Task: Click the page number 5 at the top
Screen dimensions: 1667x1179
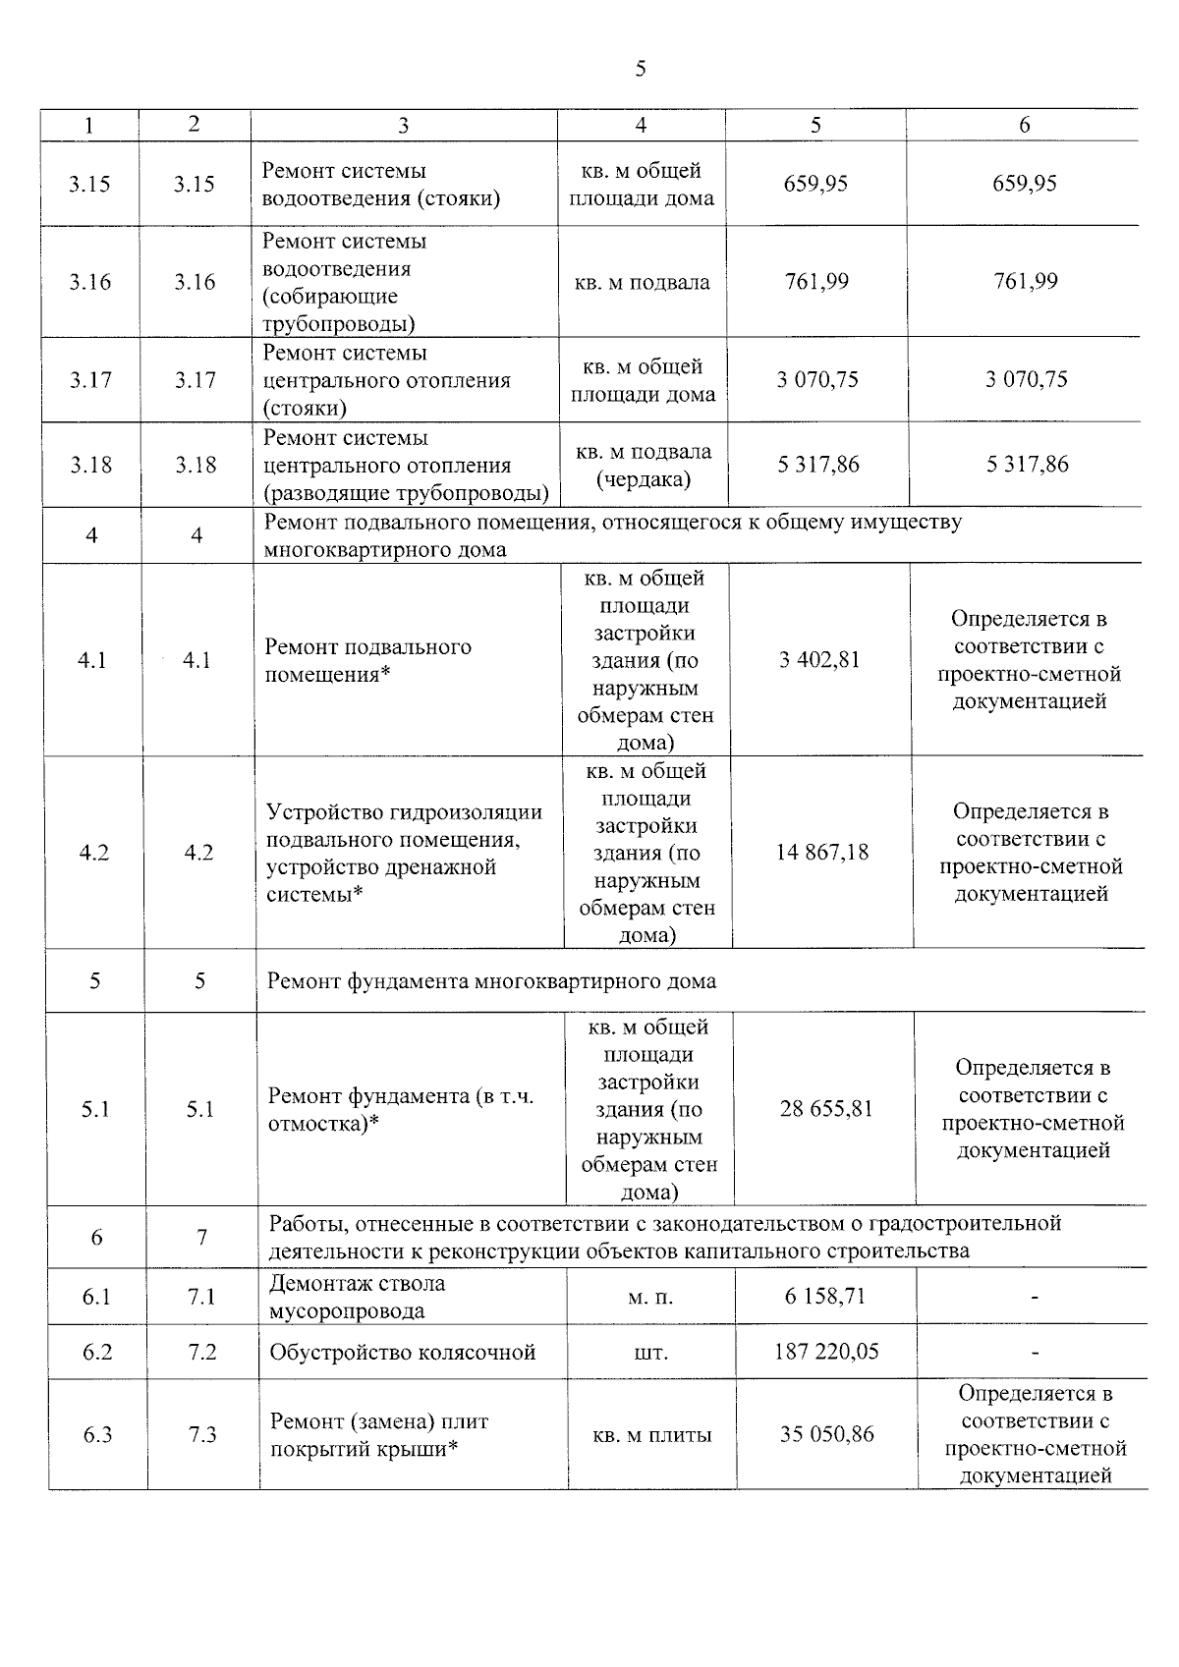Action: (641, 69)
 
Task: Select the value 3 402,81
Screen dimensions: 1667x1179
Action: (819, 660)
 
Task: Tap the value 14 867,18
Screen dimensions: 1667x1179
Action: (822, 852)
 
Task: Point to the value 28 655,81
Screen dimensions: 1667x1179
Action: (825, 1109)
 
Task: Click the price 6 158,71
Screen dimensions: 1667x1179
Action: (825, 1297)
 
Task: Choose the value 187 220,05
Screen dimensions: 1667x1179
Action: (826, 1352)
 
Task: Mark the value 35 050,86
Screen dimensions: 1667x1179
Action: (827, 1434)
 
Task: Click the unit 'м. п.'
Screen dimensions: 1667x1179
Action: (650, 1298)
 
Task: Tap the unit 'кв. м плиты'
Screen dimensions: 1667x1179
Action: (652, 1435)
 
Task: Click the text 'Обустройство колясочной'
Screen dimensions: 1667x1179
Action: (403, 1353)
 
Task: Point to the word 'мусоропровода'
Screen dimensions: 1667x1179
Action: (347, 1311)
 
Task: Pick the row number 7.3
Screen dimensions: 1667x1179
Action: (202, 1435)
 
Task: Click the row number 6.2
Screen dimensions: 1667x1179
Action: (97, 1353)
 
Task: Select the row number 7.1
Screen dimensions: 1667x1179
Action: (201, 1298)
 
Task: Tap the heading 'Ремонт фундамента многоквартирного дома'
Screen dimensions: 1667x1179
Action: (491, 981)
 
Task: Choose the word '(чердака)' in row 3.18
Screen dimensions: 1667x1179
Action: (644, 479)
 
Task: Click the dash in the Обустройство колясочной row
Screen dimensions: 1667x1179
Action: (1035, 1354)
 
